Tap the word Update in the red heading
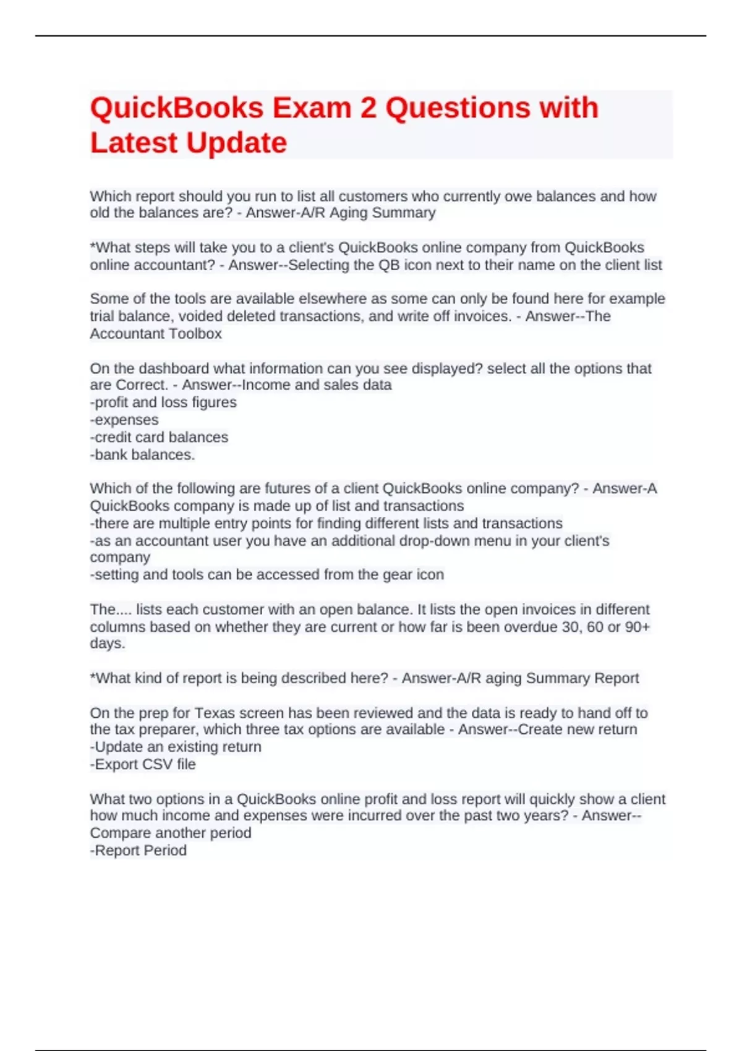click(x=236, y=143)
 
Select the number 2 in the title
click(x=368, y=108)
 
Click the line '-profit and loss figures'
click(x=163, y=402)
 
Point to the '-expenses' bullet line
click(x=124, y=420)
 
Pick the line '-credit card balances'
click(x=159, y=437)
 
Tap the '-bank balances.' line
click(x=142, y=454)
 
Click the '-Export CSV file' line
click(x=143, y=764)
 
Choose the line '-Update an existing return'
click(x=176, y=747)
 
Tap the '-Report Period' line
click(x=139, y=851)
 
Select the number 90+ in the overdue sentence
click(x=638, y=627)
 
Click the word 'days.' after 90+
click(x=108, y=644)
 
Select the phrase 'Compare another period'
click(x=171, y=833)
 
